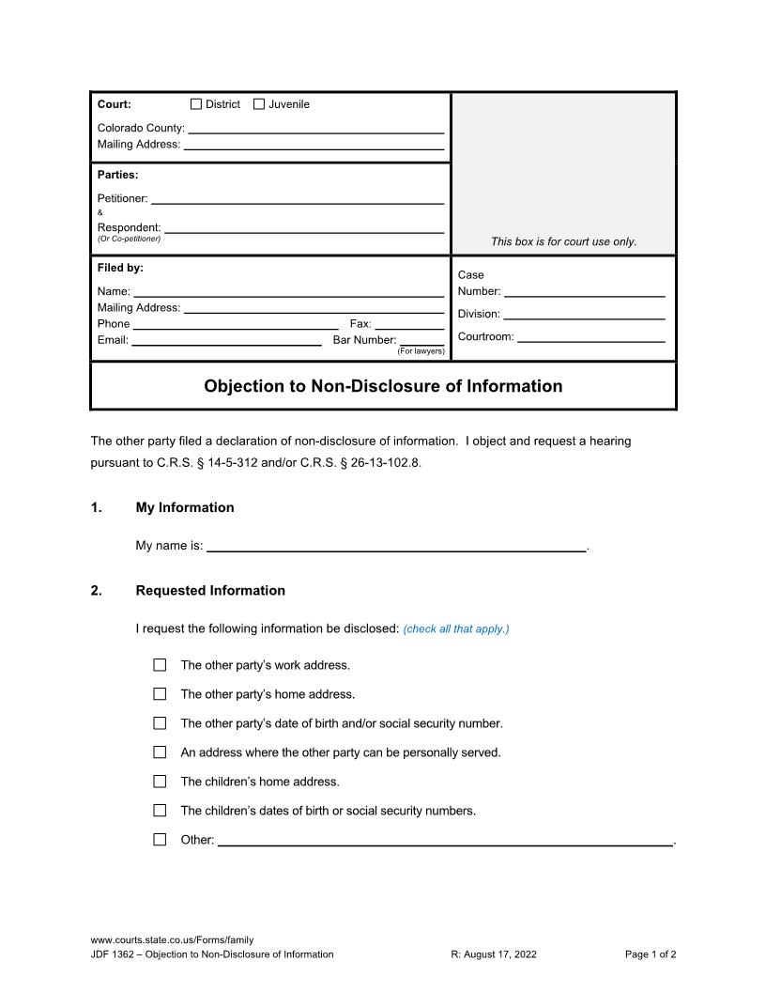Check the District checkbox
[196, 104]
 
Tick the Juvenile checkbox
[259, 104]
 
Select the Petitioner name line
[298, 198]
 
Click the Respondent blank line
[304, 227]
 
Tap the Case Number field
[585, 291]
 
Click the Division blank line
[585, 314]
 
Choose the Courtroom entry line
[591, 336]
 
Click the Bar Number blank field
[422, 340]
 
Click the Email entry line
[227, 340]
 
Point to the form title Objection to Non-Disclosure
[383, 386]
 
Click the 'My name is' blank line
[396, 546]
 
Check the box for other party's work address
[160, 665]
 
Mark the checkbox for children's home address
[160, 782]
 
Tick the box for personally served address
[160, 752]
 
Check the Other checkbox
[160, 840]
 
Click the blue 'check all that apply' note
[456, 629]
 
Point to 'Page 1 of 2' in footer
[651, 954]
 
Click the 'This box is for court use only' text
[563, 241]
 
